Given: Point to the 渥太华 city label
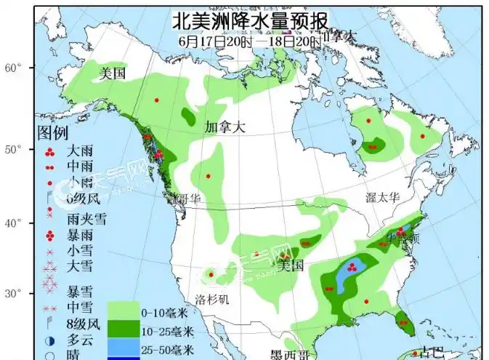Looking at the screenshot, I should click(x=384, y=197).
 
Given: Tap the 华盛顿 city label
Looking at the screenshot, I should click(x=402, y=238).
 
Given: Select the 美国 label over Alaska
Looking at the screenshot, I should click(x=113, y=73).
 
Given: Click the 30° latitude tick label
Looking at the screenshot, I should click(x=15, y=294).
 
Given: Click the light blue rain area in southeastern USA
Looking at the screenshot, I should click(x=349, y=274).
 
